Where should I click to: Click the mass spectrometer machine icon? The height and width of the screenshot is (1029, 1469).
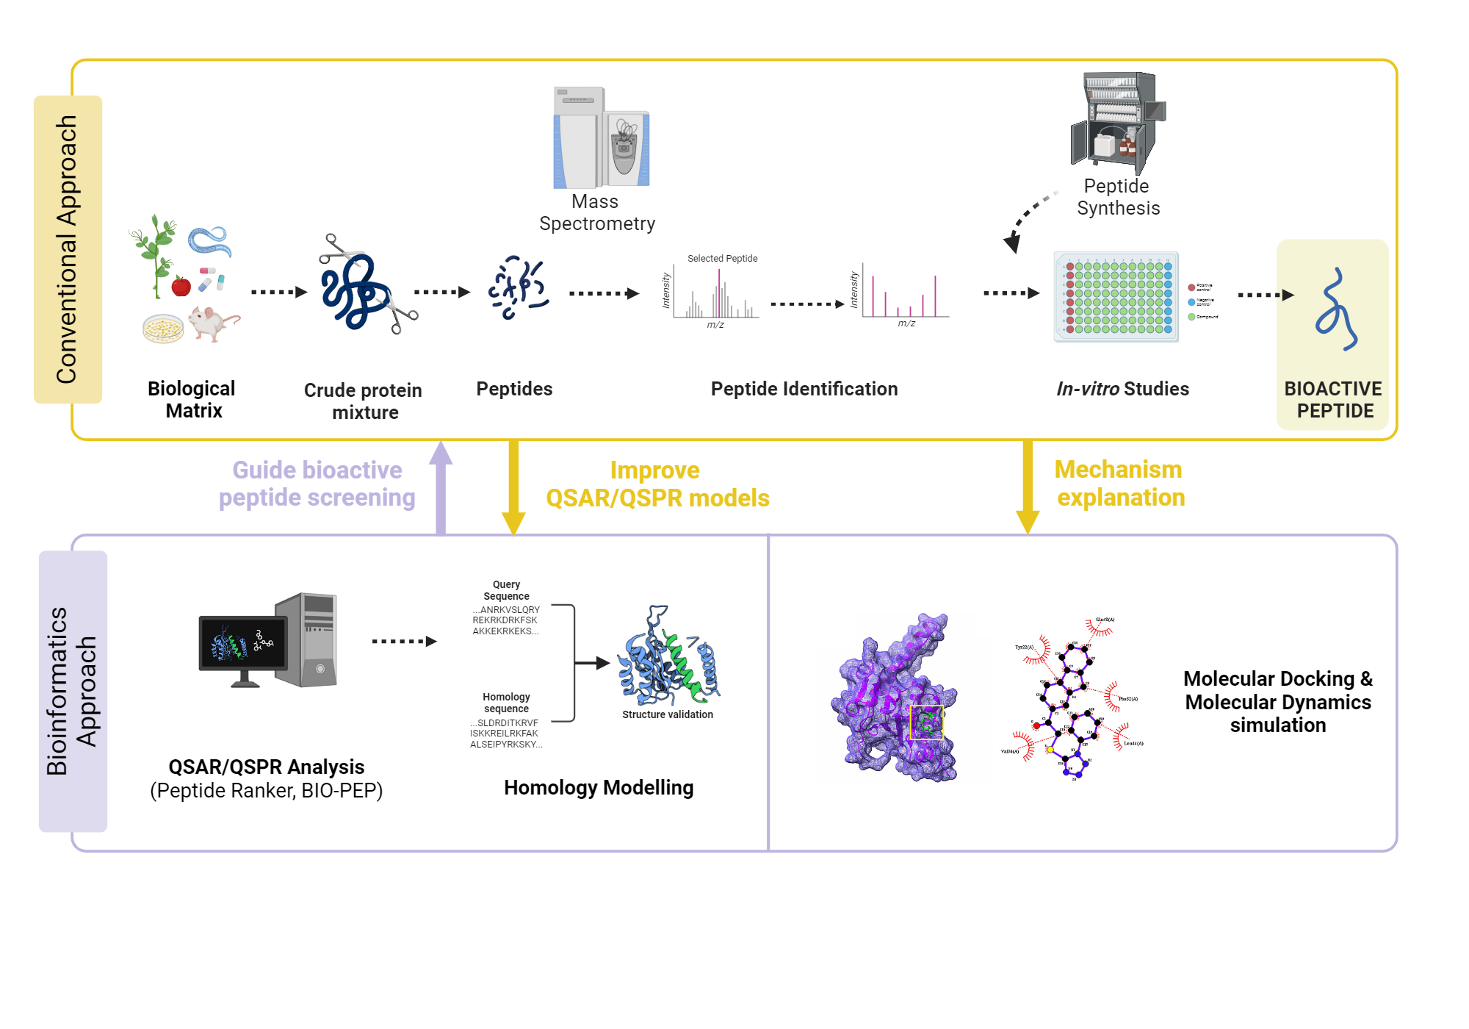[x=601, y=138]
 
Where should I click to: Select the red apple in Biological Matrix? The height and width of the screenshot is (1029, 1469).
[x=181, y=286]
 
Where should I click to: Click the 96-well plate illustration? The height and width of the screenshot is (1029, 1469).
[x=1116, y=297]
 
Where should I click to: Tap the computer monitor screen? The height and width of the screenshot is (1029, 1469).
[x=242, y=642]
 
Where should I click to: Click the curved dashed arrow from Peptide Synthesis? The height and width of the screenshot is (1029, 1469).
[x=1028, y=217]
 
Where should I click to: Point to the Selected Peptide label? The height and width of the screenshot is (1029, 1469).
[x=722, y=259]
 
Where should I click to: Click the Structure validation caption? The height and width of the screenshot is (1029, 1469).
[x=667, y=714]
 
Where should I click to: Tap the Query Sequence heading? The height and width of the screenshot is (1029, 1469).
[x=506, y=590]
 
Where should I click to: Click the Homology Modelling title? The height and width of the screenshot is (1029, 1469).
[x=598, y=788]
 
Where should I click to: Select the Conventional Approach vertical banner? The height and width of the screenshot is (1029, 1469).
[x=68, y=249]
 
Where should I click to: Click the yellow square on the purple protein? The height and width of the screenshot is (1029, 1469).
[x=926, y=723]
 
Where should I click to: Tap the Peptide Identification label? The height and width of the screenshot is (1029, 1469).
[x=804, y=389]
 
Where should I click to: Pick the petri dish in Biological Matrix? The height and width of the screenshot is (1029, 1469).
[x=163, y=329]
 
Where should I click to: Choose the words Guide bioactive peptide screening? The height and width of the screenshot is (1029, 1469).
[x=317, y=484]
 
